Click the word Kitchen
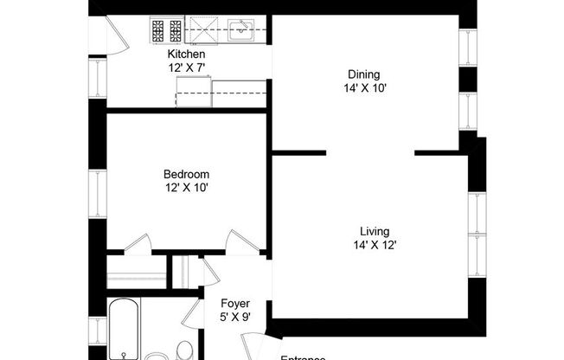point(186,54)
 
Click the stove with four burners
point(166,31)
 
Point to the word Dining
point(362,74)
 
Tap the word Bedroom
point(186,173)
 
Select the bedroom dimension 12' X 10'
point(186,186)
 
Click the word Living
point(375,231)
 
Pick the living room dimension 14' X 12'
point(375,245)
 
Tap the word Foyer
point(235,304)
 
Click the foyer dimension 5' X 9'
point(235,317)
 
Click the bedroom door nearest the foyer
point(240,242)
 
